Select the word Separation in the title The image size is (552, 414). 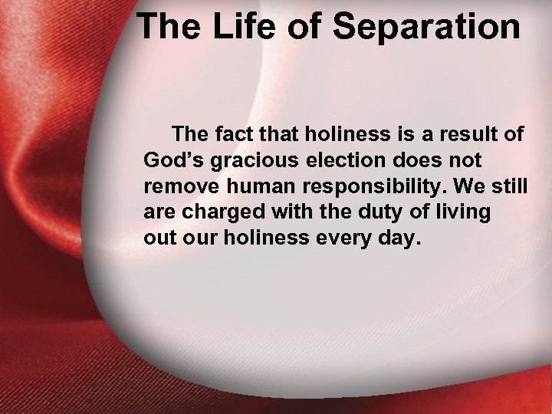click(426, 28)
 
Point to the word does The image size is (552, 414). click(414, 162)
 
